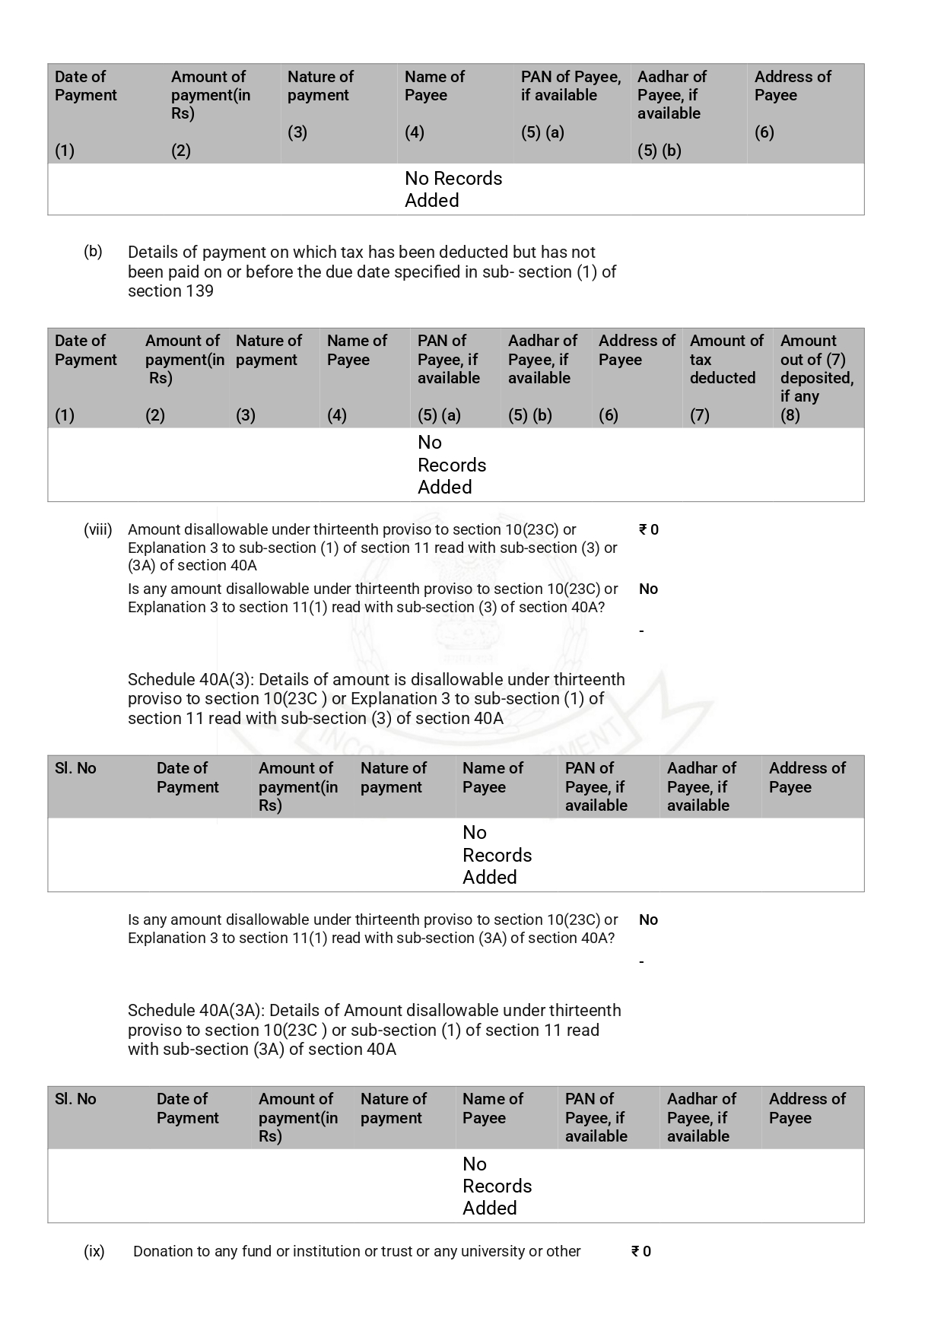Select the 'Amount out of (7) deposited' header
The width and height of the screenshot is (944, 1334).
pyautogui.click(x=816, y=368)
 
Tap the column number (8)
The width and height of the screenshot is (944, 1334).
pyautogui.click(x=790, y=415)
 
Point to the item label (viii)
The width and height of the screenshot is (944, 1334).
pyautogui.click(x=97, y=529)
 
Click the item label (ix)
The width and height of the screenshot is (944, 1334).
pyautogui.click(x=94, y=1251)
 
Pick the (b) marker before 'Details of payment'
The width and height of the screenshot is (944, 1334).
pyautogui.click(x=93, y=252)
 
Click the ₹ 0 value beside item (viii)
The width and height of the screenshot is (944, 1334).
pyautogui.click(x=649, y=529)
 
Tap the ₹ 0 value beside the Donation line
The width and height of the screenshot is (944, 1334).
pyautogui.click(x=641, y=1251)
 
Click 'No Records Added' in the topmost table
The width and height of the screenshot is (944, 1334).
pyautogui.click(x=453, y=189)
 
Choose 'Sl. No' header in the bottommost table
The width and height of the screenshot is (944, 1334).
pyautogui.click(x=75, y=1099)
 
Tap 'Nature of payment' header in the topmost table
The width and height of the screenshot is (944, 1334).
pyautogui.click(x=320, y=86)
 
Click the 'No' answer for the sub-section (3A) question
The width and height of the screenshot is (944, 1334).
pyautogui.click(x=648, y=920)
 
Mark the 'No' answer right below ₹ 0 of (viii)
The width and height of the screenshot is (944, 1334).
pyautogui.click(x=648, y=589)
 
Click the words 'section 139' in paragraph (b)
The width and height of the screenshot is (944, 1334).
pyautogui.click(x=170, y=291)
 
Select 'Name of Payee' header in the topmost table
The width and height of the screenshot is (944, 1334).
pyautogui.click(x=434, y=86)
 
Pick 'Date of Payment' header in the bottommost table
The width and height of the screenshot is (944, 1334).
pyautogui.click(x=187, y=1108)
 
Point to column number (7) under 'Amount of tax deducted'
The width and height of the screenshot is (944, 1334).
pyautogui.click(x=699, y=415)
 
